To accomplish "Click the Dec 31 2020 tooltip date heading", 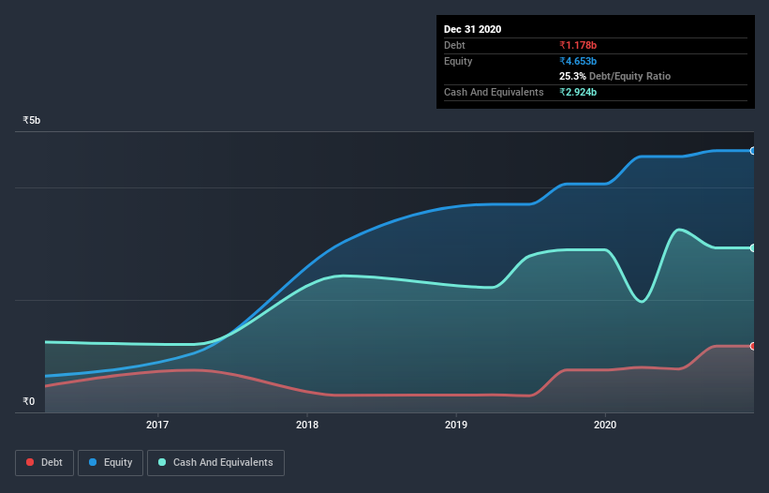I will tap(472, 29).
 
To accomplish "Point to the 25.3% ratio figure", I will tap(572, 76).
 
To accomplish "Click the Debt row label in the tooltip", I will tap(454, 45).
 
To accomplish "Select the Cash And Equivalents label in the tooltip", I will tap(494, 92).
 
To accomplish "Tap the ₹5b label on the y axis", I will tap(32, 121).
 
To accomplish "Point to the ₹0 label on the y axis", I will tap(28, 402).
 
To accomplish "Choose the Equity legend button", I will tap(111, 462).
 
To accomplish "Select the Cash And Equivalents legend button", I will tap(215, 462).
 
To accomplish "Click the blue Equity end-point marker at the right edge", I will tap(753, 150).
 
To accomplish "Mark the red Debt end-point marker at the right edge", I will tap(753, 346).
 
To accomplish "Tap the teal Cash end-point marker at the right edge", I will tap(753, 247).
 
